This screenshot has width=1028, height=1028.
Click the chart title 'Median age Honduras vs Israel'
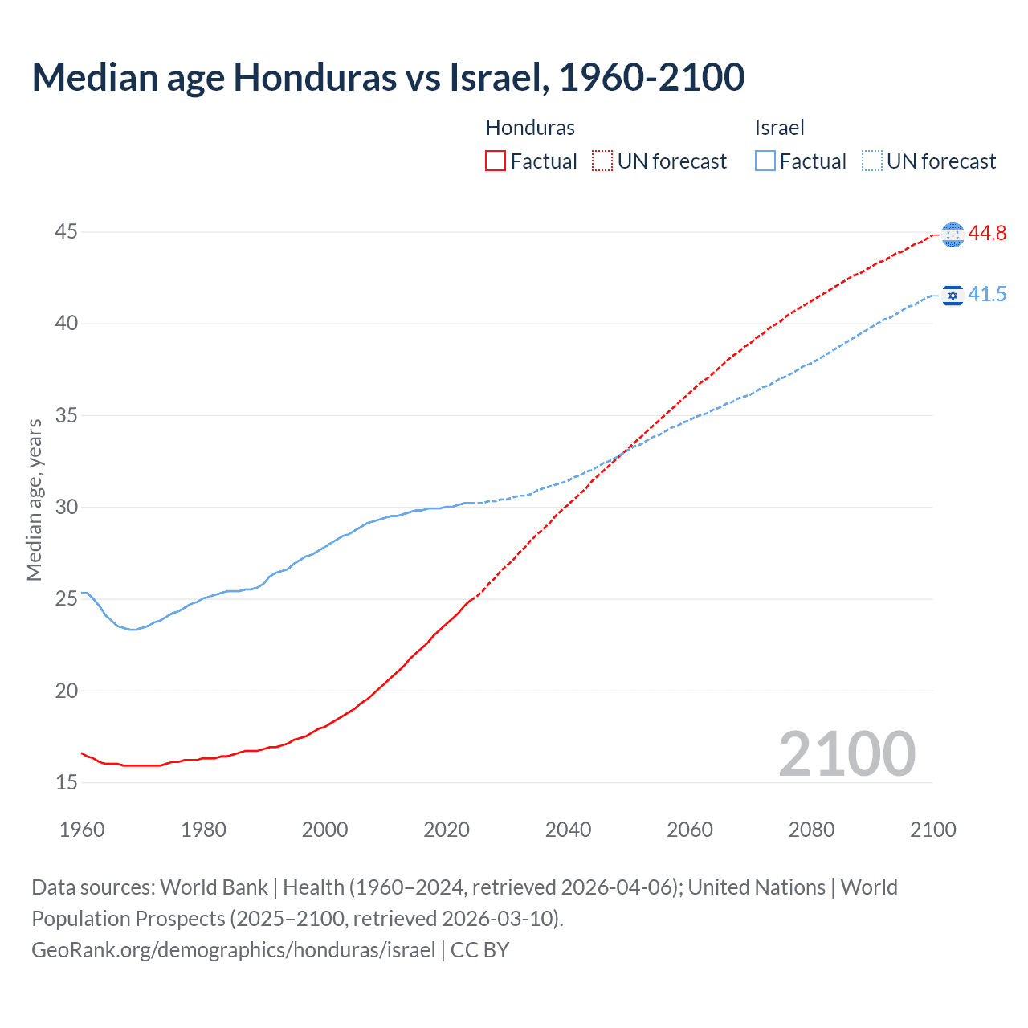(388, 77)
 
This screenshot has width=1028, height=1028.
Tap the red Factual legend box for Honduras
(496, 161)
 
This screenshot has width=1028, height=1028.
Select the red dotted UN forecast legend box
(602, 161)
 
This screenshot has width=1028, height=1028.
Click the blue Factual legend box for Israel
(765, 161)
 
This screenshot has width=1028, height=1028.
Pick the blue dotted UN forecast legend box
(871, 161)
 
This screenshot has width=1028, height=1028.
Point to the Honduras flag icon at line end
(953, 235)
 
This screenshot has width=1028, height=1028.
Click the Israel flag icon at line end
(953, 296)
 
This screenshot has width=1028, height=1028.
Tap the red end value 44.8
(987, 234)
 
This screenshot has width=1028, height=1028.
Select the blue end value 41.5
(987, 295)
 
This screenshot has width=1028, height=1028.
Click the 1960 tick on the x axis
(82, 830)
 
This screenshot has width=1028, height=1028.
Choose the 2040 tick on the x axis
(568, 830)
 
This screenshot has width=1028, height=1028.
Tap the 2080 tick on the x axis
(811, 830)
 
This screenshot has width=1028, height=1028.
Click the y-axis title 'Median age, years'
(34, 500)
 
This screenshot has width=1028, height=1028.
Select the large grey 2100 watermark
(846, 754)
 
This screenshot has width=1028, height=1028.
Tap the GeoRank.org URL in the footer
(233, 950)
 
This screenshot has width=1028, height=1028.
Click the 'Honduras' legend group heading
(530, 128)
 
